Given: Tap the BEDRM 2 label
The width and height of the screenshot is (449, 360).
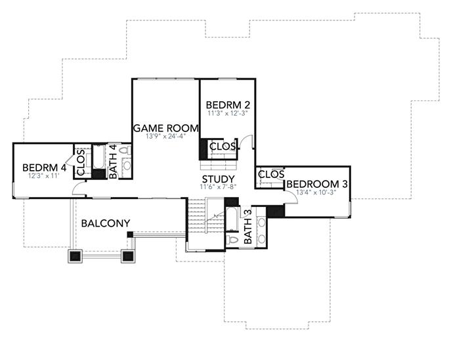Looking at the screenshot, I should [x=227, y=105].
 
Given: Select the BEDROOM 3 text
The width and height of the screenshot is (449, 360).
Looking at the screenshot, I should [x=317, y=184].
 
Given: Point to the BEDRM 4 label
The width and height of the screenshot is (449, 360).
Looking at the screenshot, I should [x=43, y=168].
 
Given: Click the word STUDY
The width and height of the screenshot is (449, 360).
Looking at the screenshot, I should [x=218, y=179].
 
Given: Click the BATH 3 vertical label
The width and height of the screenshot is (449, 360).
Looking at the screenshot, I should [x=248, y=227].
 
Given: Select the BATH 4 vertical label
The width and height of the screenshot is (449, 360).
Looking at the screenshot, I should [x=112, y=161].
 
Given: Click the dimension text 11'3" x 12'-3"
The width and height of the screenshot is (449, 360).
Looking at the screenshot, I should [x=227, y=113].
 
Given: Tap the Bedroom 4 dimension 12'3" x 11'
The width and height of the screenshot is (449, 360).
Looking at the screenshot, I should [x=43, y=176].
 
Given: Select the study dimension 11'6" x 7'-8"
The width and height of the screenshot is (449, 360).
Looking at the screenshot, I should [x=218, y=187].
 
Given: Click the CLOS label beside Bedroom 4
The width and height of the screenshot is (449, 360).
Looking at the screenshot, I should [x=81, y=163].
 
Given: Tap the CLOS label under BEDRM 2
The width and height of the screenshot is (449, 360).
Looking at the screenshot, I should [x=223, y=146].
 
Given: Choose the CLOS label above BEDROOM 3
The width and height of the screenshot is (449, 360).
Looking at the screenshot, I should [x=271, y=174].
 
